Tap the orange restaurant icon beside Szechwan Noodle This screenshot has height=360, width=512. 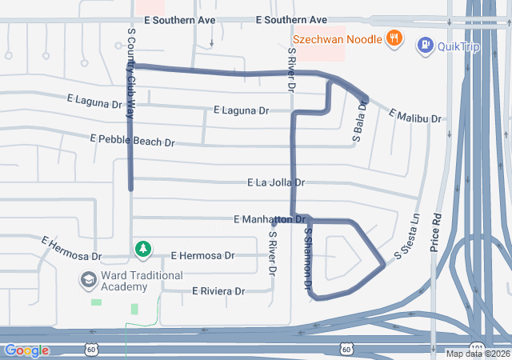click(x=394, y=38)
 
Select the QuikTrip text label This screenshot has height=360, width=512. click(x=458, y=46)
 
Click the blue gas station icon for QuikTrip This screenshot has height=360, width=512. click(x=425, y=46)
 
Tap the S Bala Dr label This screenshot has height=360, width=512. click(x=360, y=122)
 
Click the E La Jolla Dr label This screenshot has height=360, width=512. click(x=275, y=183)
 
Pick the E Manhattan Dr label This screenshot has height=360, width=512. click(x=270, y=219)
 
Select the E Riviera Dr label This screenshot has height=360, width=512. click(x=218, y=291)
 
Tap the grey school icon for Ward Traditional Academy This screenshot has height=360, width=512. click(x=87, y=281)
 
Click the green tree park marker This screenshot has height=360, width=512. click(x=143, y=250)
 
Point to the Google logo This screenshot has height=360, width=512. click(x=27, y=350)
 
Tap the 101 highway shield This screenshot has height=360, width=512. click(x=477, y=348)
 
